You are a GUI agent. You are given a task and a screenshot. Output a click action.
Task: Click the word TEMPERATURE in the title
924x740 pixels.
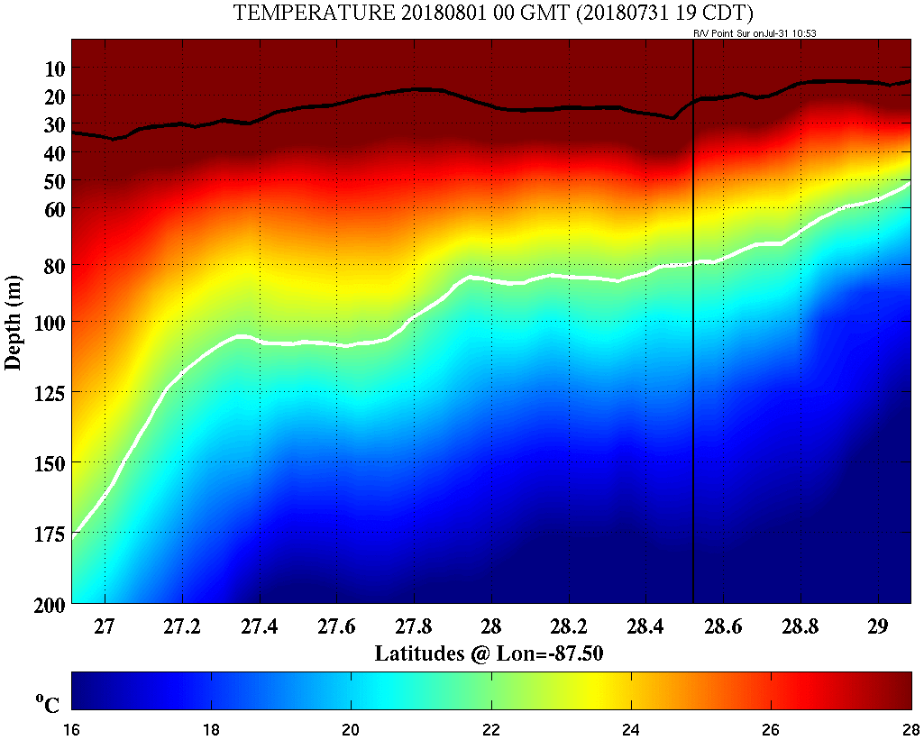[298, 13]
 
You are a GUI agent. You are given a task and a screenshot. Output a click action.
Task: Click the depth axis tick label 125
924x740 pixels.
[48, 392]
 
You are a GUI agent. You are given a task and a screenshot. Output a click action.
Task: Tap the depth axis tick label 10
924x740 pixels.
[53, 69]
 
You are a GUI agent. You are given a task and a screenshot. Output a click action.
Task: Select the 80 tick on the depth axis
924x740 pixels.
[53, 266]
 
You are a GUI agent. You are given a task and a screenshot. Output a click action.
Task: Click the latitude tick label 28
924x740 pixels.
[491, 626]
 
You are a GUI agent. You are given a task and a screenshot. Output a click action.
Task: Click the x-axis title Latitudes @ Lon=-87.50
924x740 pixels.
[489, 653]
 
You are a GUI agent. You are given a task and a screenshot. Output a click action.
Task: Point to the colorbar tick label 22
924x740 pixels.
[491, 729]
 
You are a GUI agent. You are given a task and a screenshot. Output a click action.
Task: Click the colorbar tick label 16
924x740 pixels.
[72, 729]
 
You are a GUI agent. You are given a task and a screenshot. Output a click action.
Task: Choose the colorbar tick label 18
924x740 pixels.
[212, 729]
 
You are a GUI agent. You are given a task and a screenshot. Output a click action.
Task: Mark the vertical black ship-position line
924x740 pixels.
[692, 361]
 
